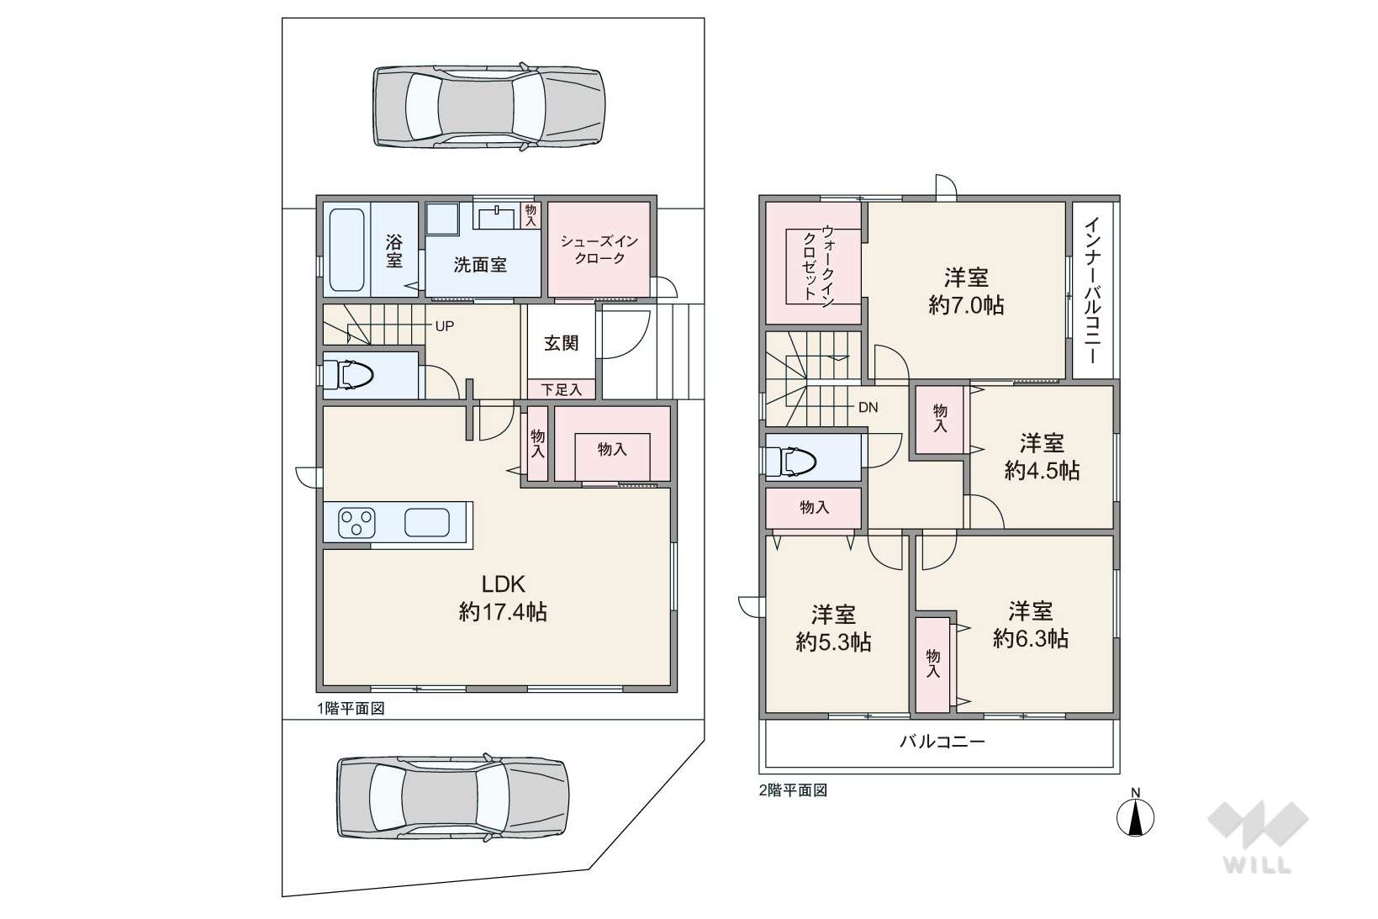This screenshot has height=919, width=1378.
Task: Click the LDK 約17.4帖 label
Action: [504, 598]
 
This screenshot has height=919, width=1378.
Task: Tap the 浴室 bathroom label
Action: [394, 251]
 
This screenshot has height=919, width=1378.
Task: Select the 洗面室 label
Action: [480, 265]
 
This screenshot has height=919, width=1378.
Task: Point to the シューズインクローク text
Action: [599, 250]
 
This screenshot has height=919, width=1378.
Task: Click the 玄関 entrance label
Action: [561, 343]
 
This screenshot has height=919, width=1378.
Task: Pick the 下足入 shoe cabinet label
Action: [561, 389]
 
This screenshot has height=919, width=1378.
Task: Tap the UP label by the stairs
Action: [445, 326]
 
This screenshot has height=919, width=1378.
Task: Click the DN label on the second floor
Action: [868, 407]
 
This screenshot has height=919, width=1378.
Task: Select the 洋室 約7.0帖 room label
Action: [966, 291]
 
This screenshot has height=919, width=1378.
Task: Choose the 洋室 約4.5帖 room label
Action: [1042, 457]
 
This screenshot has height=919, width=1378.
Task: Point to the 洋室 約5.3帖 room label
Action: [833, 628]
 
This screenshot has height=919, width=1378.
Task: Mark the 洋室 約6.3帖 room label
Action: [1031, 625]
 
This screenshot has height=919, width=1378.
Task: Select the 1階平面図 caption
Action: [351, 709]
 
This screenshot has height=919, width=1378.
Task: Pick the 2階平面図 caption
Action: [793, 790]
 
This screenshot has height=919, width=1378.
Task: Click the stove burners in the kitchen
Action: [356, 524]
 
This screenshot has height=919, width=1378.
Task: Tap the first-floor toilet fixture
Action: [348, 375]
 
